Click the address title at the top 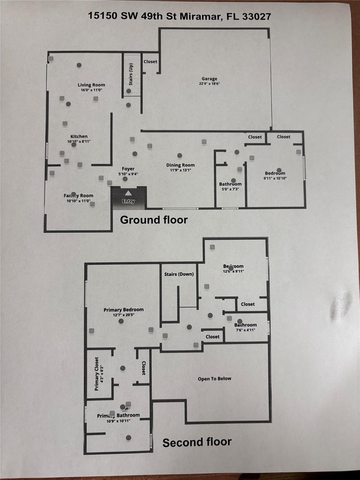click(179, 16)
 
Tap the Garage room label click(209, 79)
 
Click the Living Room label click(91, 85)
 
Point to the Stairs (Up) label click(131, 74)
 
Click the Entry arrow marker click(128, 194)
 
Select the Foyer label click(128, 169)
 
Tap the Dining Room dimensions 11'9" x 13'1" click(180, 170)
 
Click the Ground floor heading click(154, 220)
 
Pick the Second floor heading click(197, 442)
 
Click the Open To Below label click(214, 378)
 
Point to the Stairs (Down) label click(179, 274)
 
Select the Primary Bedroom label click(124, 310)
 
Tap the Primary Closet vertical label click(97, 373)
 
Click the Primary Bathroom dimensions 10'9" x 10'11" click(118, 421)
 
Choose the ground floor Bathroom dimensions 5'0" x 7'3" click(230, 189)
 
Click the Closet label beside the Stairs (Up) click(150, 62)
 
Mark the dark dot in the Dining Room click(179, 156)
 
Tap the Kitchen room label click(79, 136)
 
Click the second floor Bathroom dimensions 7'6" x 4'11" click(246, 330)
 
